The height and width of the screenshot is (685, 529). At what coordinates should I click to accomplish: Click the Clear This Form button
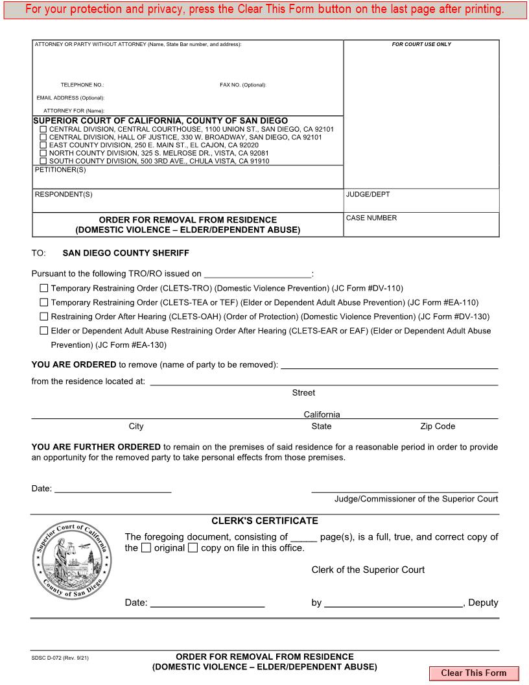[x=473, y=673]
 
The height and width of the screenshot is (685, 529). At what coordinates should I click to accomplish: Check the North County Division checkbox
[x=43, y=153]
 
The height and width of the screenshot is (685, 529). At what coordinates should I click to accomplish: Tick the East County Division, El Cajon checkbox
[x=43, y=145]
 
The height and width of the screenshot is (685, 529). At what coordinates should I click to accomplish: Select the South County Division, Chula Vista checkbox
[x=43, y=161]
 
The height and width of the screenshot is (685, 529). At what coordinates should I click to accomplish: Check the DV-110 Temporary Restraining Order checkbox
[x=44, y=288]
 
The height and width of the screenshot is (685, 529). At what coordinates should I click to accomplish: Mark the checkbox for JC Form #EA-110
[x=44, y=302]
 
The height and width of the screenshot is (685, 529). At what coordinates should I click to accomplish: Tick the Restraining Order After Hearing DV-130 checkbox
[x=44, y=317]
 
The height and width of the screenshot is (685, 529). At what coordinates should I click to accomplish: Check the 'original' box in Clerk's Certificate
[x=146, y=548]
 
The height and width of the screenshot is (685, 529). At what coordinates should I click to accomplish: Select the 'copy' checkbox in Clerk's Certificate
[x=193, y=548]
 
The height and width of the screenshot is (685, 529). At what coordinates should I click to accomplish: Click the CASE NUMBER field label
[x=371, y=218]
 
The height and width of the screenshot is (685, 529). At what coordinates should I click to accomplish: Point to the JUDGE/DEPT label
[x=368, y=194]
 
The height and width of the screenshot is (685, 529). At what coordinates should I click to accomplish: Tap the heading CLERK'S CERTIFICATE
[x=264, y=521]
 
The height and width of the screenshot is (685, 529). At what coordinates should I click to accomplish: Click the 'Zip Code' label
[x=438, y=426]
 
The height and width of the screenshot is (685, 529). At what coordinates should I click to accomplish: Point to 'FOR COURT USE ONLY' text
[x=421, y=44]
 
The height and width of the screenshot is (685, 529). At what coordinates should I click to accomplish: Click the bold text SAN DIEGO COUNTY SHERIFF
[x=126, y=253]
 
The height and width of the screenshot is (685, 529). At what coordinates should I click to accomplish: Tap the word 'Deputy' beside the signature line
[x=483, y=603]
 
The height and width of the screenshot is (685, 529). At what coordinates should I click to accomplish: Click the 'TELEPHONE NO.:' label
[x=82, y=85]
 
